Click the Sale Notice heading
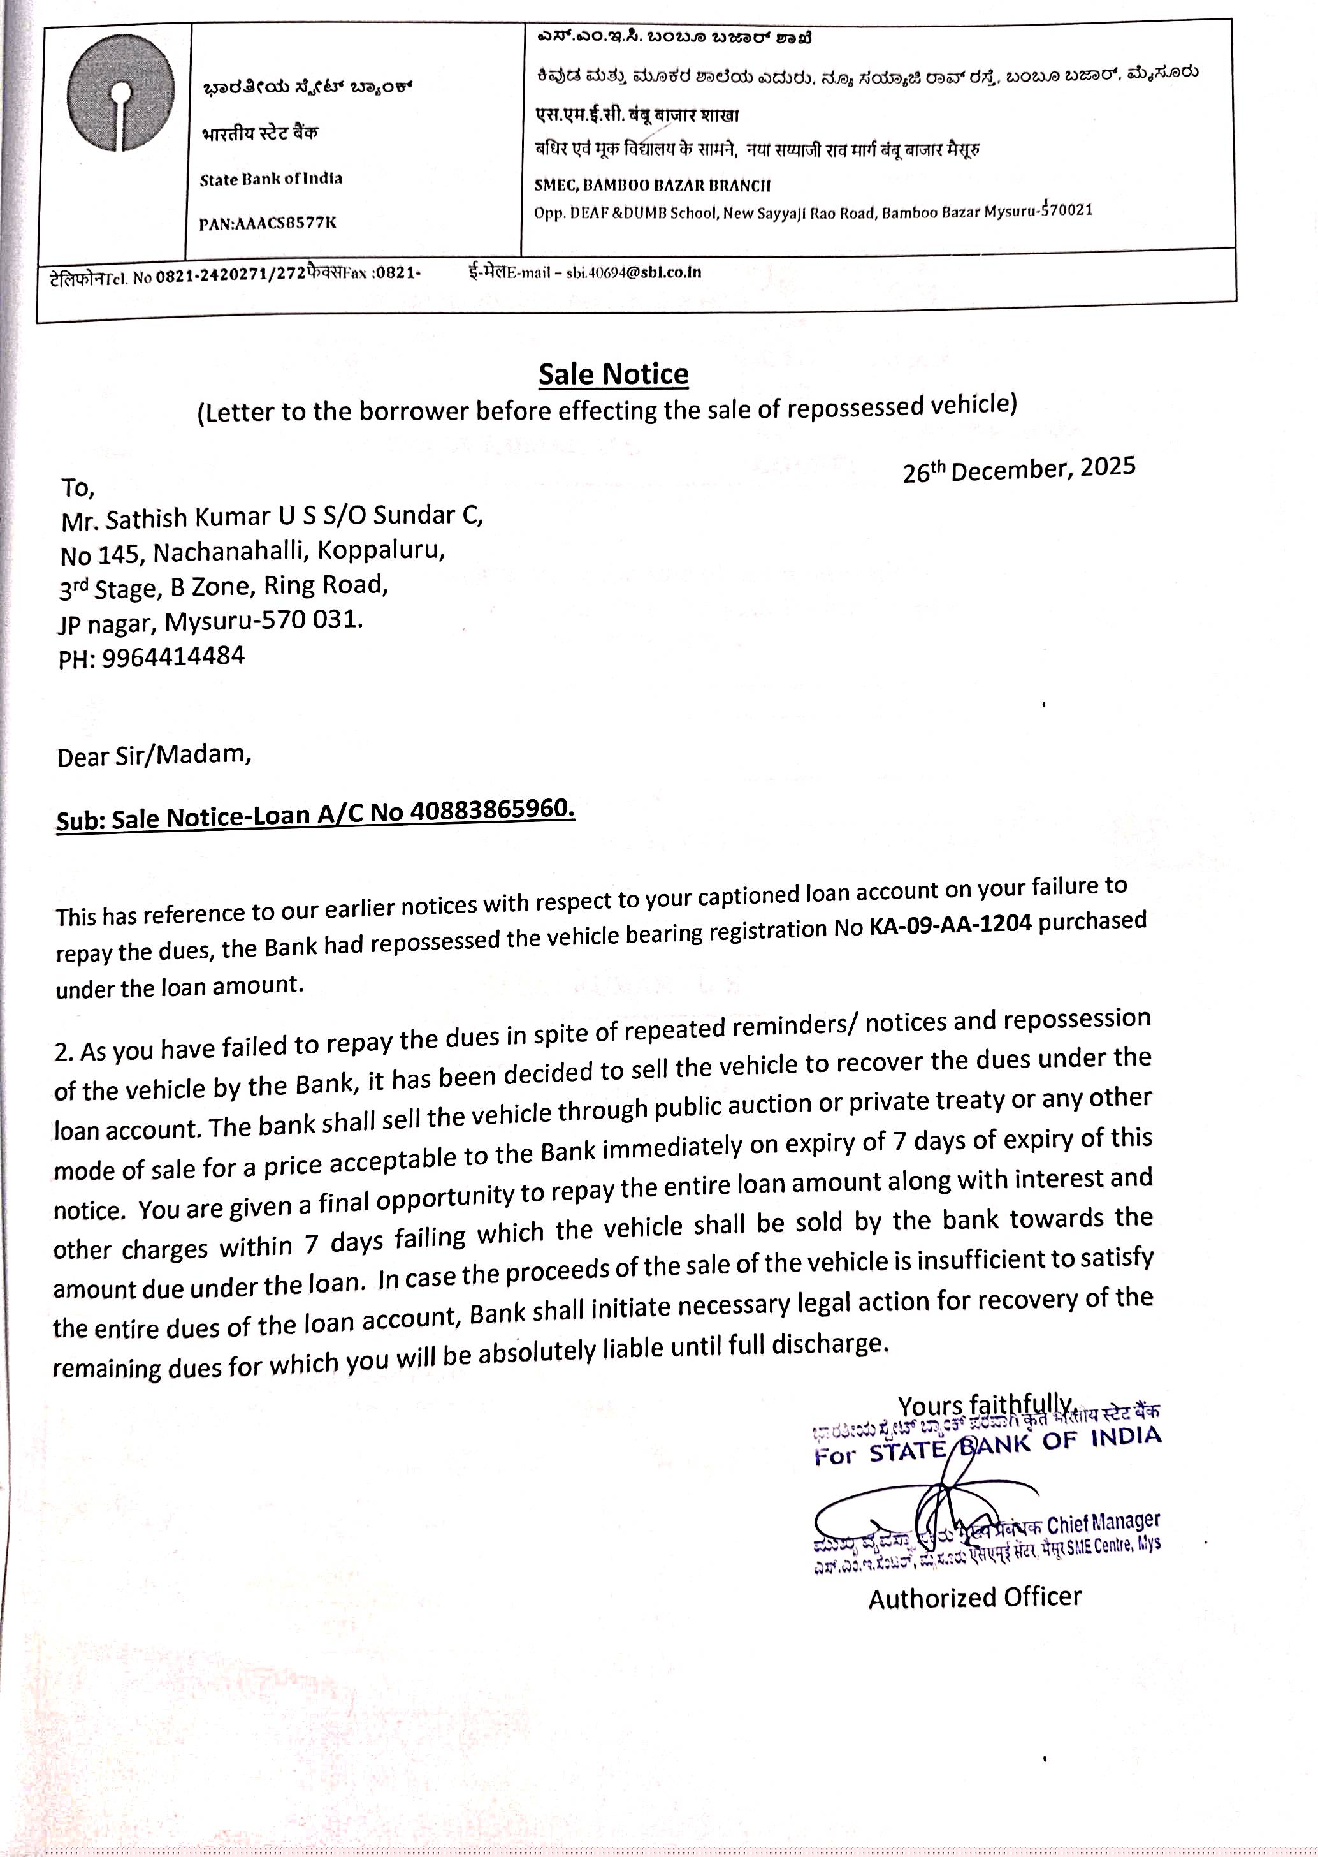[614, 374]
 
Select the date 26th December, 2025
[1018, 469]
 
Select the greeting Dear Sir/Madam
[154, 756]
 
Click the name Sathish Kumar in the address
[191, 517]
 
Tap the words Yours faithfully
[985, 1405]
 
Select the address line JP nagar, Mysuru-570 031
[210, 622]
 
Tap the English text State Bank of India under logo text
[271, 179]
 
